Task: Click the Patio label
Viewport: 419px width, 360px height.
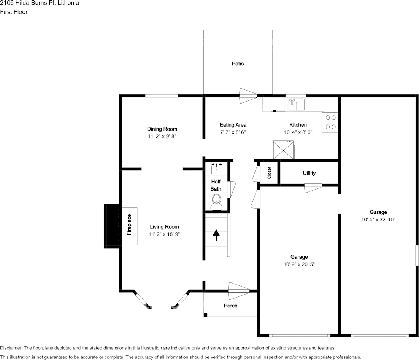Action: click(238, 64)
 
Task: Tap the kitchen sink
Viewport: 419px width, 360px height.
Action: click(296, 105)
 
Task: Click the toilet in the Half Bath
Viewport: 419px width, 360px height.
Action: click(216, 202)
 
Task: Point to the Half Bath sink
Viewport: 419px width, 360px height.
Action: click(216, 169)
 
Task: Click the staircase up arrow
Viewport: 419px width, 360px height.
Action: click(216, 235)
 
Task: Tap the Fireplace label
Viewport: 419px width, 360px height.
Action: click(129, 225)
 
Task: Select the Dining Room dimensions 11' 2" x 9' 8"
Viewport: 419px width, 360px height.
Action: click(162, 136)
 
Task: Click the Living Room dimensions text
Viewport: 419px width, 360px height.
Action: click(164, 234)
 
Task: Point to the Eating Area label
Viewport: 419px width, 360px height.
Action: click(233, 125)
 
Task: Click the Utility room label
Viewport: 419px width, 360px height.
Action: click(309, 173)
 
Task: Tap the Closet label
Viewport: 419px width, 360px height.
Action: click(269, 173)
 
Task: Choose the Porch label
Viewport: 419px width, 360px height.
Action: click(231, 306)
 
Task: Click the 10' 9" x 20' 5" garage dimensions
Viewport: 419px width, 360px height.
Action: click(299, 264)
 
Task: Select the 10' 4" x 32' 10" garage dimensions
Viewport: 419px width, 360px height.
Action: click(378, 220)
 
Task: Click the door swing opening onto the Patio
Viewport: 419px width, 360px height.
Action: click(248, 96)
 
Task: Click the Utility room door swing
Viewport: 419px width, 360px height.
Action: click(313, 188)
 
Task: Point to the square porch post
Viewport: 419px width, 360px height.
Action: click(205, 315)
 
